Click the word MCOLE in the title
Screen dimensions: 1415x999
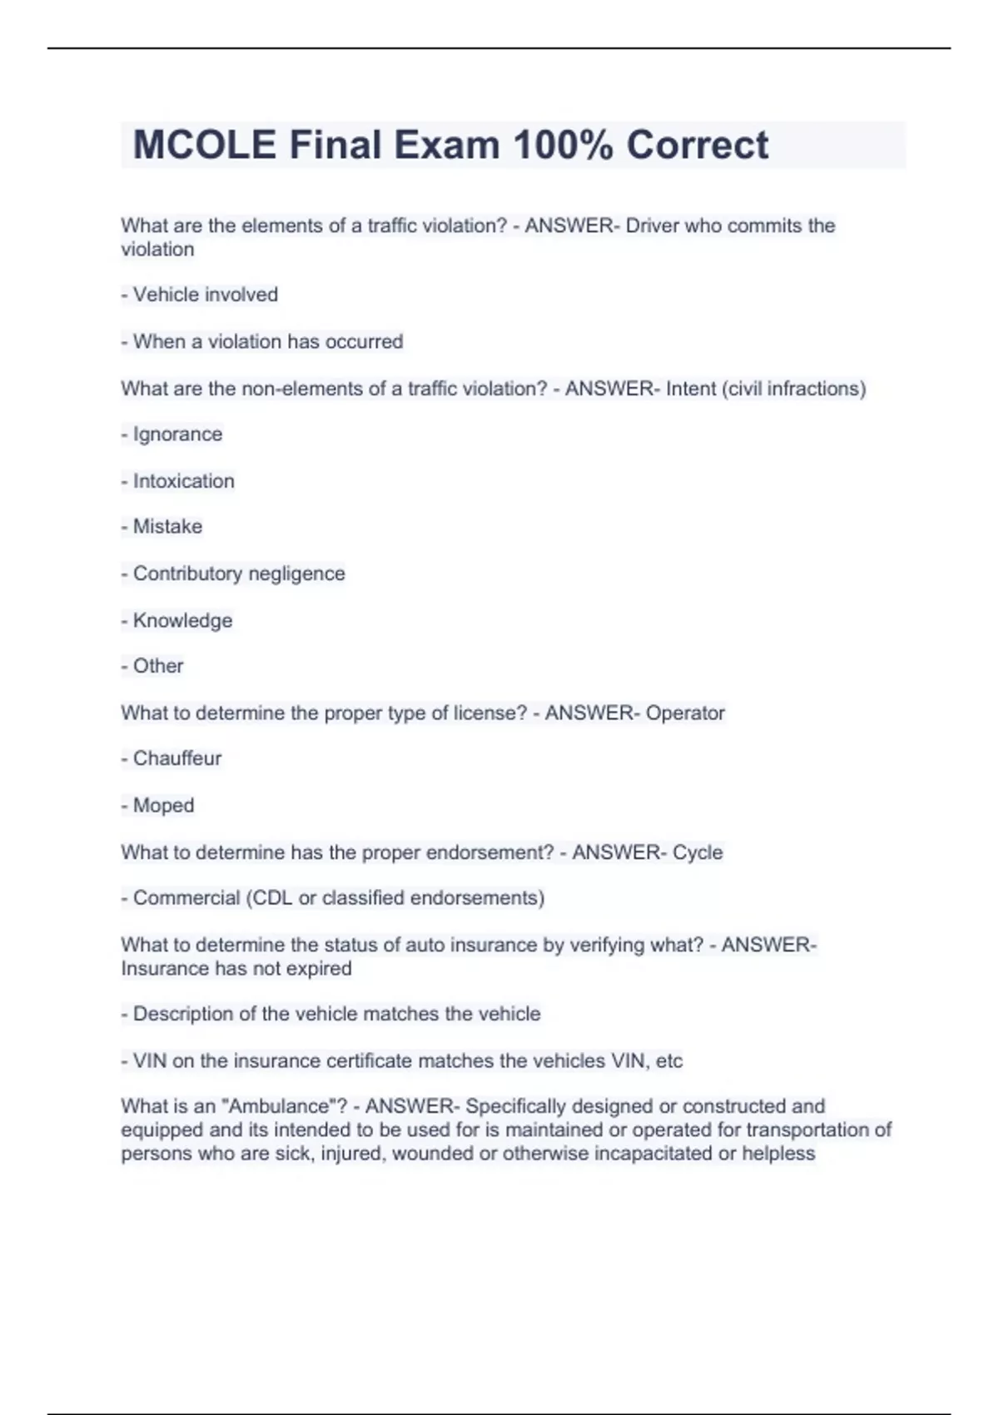(205, 145)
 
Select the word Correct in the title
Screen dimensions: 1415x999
(698, 145)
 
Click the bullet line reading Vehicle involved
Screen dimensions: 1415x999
(205, 295)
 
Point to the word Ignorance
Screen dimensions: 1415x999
(177, 434)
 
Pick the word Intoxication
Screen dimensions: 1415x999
(183, 481)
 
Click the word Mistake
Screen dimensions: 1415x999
(167, 527)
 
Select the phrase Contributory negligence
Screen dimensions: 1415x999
(239, 573)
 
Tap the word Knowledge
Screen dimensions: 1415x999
(182, 621)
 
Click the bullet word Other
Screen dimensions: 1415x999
(158, 666)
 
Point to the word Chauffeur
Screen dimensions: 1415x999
(177, 759)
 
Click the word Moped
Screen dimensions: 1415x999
(163, 806)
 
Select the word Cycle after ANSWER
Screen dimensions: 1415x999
(698, 852)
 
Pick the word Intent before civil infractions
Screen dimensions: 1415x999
(691, 389)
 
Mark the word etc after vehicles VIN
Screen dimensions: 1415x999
(669, 1061)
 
